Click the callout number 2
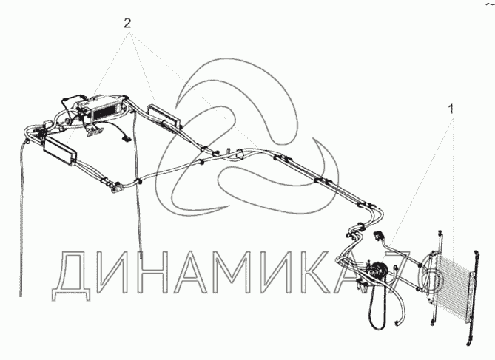127,23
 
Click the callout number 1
451,109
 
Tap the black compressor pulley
377,270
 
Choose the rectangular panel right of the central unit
164,116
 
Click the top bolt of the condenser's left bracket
439,233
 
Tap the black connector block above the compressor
377,236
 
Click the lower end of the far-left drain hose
21,295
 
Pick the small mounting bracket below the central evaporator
92,130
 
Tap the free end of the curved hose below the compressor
396,323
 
